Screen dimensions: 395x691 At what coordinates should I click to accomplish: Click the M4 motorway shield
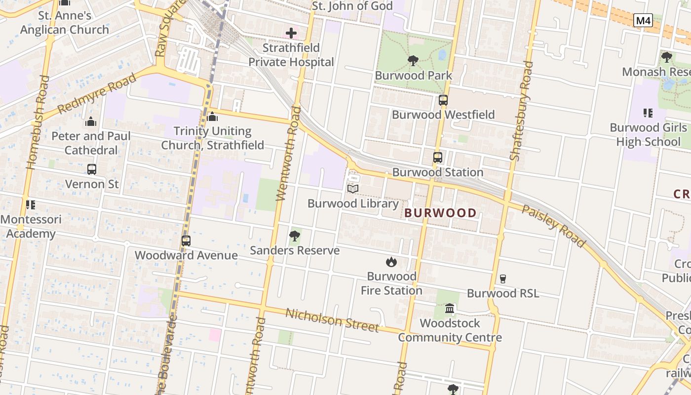(643, 21)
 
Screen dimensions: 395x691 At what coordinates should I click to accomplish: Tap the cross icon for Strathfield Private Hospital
(291, 34)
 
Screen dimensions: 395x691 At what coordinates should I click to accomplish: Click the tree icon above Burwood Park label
(413, 61)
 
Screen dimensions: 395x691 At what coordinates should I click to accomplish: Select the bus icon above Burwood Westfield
(443, 100)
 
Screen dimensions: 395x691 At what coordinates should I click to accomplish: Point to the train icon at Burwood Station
(438, 158)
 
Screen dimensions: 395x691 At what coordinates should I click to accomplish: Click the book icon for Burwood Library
(353, 189)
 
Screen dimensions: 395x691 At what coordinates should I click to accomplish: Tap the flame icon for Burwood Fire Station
(391, 262)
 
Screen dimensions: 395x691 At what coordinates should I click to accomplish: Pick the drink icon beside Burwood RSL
(503, 279)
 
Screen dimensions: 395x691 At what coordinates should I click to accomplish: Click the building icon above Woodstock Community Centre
(450, 309)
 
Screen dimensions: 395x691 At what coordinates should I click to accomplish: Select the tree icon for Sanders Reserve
(295, 236)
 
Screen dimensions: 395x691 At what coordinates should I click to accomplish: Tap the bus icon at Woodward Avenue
(186, 241)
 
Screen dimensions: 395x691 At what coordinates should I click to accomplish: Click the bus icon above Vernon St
(92, 169)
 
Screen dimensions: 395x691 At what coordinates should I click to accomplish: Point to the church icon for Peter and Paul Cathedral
(91, 121)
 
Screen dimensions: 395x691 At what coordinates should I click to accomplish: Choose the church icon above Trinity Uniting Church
(213, 117)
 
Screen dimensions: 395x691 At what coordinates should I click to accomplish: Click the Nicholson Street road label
(332, 320)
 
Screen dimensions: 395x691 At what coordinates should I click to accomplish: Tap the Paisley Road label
(554, 226)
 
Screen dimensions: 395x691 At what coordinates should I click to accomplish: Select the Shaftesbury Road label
(521, 111)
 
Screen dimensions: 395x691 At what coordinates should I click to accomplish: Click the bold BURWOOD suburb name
(441, 213)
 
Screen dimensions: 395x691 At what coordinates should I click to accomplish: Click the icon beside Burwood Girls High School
(648, 113)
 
